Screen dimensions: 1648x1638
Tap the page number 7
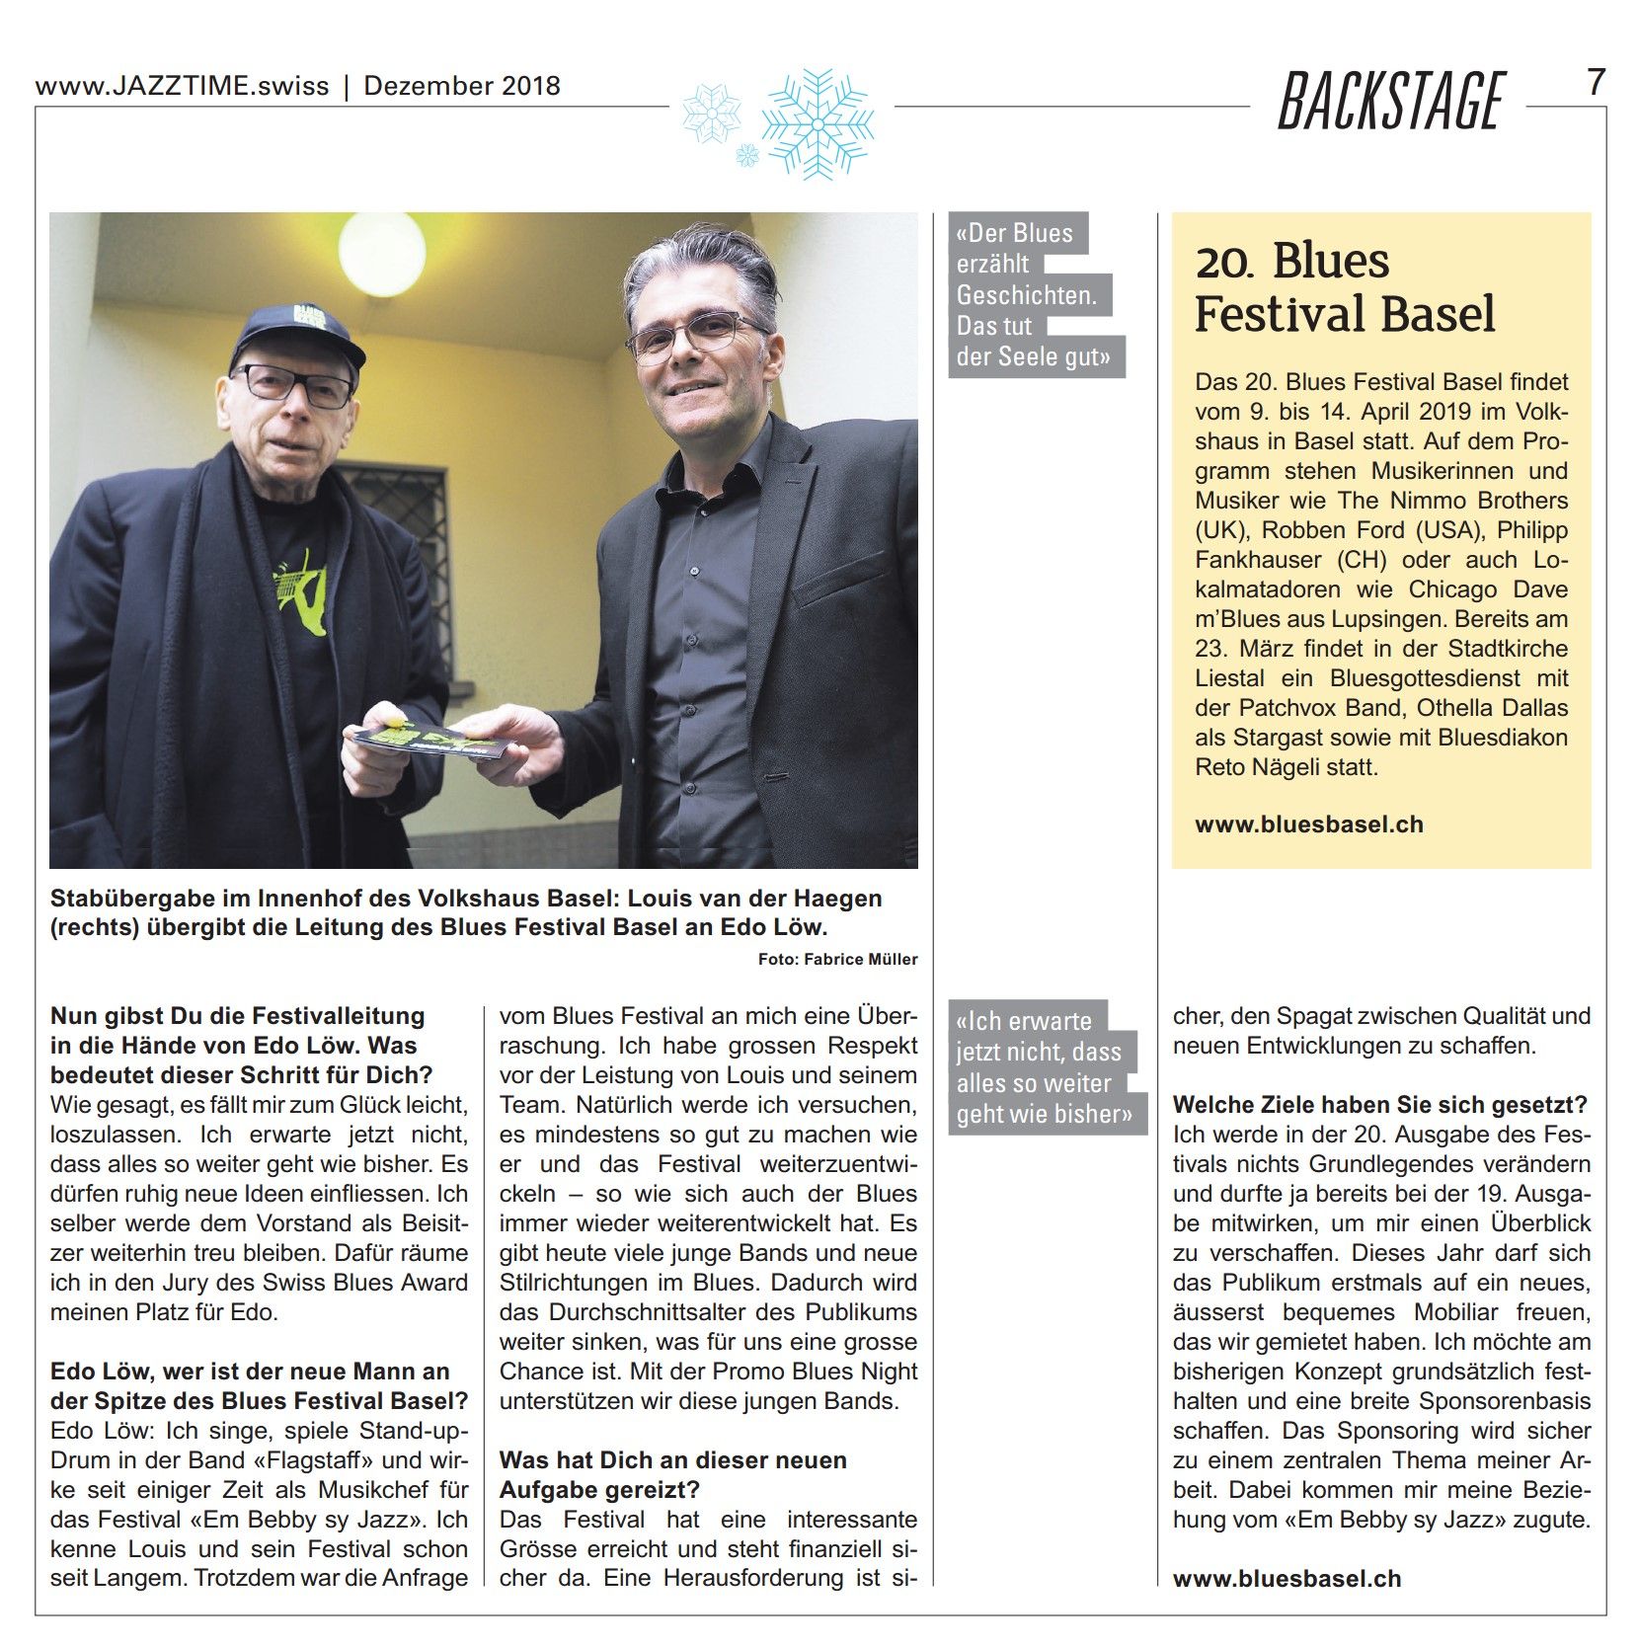click(x=1596, y=82)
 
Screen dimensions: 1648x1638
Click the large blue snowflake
click(x=817, y=123)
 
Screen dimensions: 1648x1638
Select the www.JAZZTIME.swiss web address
click(x=182, y=86)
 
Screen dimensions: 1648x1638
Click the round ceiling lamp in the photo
click(x=381, y=252)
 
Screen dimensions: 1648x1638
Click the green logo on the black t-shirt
click(x=302, y=592)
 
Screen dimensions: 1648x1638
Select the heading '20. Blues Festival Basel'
click(x=1344, y=287)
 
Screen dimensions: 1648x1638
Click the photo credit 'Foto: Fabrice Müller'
click(x=837, y=959)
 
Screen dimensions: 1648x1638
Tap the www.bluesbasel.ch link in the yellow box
click(x=1309, y=824)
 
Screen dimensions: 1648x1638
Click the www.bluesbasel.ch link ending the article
click(x=1287, y=1578)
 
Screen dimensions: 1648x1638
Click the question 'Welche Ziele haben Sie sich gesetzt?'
click(x=1379, y=1105)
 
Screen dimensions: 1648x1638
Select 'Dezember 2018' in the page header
click(x=462, y=86)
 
